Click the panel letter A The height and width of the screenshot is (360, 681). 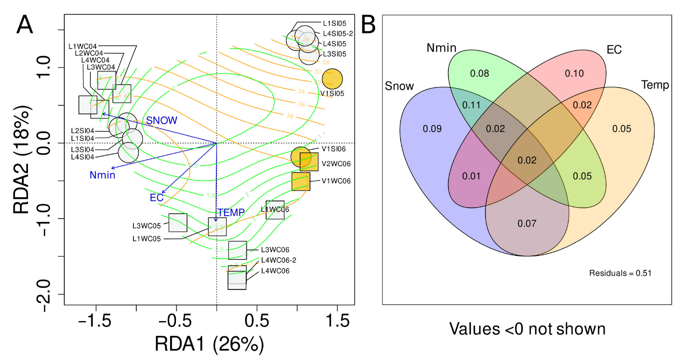(25, 25)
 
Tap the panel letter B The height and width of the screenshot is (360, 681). (368, 25)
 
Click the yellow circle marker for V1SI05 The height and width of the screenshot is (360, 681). (332, 79)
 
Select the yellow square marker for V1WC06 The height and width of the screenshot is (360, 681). (301, 181)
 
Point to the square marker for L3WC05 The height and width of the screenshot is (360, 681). (178, 222)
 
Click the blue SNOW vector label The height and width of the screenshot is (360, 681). (162, 121)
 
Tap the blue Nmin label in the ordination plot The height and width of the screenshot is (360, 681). (102, 175)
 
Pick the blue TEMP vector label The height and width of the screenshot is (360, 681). (231, 213)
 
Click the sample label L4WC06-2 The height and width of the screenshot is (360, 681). (279, 260)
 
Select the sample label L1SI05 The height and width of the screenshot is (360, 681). (334, 23)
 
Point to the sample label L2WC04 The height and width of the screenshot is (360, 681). (89, 53)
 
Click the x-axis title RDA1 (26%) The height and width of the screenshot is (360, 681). (209, 344)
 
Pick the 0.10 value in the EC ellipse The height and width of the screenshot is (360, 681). (574, 73)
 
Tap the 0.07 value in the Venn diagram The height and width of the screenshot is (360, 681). (527, 223)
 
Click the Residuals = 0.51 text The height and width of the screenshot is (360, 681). (620, 273)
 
